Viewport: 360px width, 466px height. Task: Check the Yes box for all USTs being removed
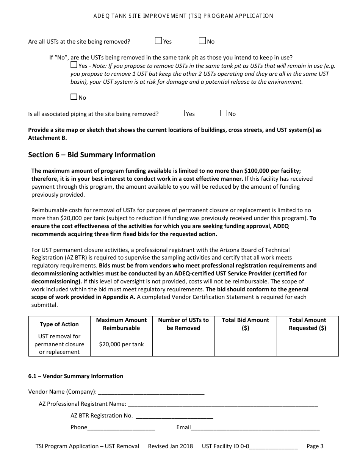(158, 41)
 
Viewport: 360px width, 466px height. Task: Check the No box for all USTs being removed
(202, 41)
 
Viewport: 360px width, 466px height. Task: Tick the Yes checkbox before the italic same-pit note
(74, 65)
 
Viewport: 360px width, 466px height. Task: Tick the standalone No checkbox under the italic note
(74, 97)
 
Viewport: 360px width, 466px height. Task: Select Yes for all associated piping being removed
(181, 113)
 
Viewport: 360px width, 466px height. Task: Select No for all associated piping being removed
(224, 113)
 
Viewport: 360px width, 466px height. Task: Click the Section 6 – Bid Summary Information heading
(92, 155)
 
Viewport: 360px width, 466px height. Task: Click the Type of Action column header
(59, 324)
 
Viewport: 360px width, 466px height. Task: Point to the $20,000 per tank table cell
(121, 344)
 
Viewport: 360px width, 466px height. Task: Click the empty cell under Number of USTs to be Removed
(183, 344)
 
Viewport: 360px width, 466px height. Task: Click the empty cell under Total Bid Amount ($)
(246, 344)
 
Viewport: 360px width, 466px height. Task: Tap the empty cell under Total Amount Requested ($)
(307, 344)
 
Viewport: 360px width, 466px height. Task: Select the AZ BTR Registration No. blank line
(174, 416)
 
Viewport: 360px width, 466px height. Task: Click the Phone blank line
(121, 428)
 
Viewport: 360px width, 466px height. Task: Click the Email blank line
(255, 428)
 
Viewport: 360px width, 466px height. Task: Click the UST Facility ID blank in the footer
(274, 447)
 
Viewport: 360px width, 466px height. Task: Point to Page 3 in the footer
(315, 446)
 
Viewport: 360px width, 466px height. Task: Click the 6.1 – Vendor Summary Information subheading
(76, 376)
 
